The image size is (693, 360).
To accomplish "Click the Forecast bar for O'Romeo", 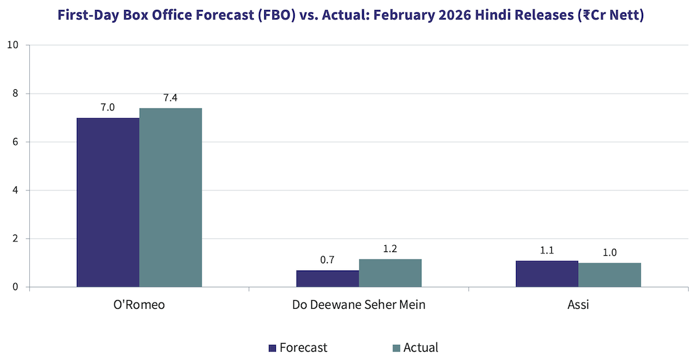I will coord(108,202).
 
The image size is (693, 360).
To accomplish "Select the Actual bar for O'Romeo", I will coord(170,197).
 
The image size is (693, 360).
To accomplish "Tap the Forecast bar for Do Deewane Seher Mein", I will coord(328,279).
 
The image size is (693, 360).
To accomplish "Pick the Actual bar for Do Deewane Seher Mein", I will coord(390,273).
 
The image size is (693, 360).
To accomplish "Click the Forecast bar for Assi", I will coord(547,274).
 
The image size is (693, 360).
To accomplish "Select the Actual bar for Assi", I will coord(609,275).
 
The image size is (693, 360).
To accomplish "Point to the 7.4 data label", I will coord(170,98).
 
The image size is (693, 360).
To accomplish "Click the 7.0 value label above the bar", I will coord(108,107).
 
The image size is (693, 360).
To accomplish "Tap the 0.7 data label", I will coord(328,260).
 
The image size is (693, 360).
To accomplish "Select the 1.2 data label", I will coord(390,248).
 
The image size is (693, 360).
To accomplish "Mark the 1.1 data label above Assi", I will coord(547,250).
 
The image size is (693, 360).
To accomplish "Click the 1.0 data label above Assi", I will coord(609,253).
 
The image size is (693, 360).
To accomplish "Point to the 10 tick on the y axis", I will coord(14,46).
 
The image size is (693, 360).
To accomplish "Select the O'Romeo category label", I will coord(139,306).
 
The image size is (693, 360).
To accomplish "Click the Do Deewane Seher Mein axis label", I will coord(359,306).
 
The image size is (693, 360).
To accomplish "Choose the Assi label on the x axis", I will coord(578,306).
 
